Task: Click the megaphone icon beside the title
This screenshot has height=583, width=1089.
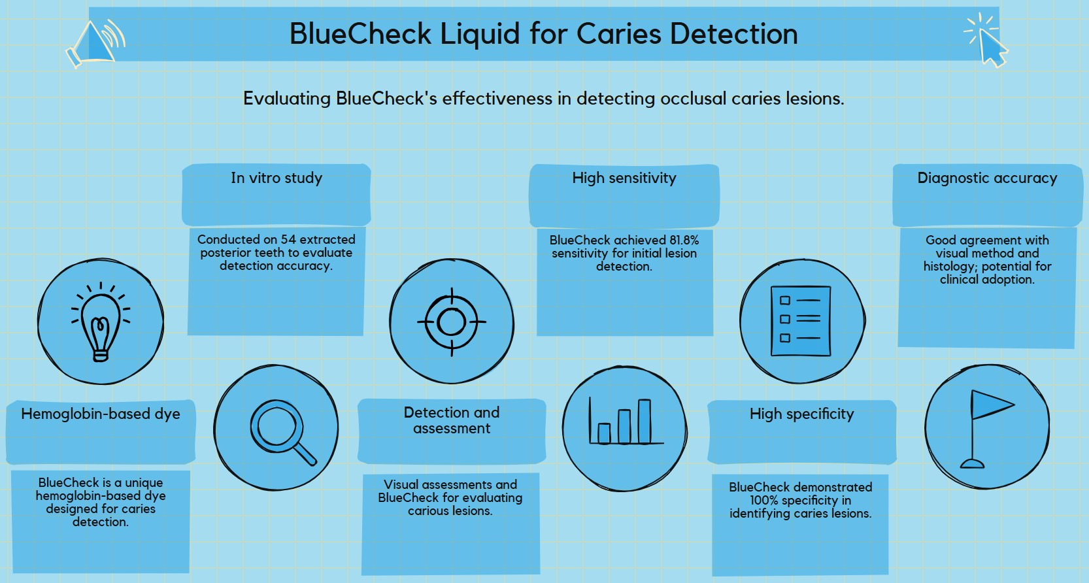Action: coord(96,43)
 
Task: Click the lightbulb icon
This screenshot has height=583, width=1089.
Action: coord(101,322)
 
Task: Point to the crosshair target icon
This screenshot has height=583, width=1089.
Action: coord(452,322)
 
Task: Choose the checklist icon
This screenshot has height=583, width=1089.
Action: coord(801,321)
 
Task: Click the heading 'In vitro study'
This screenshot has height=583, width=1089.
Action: coord(276,178)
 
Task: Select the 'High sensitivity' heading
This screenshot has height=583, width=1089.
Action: coord(624,178)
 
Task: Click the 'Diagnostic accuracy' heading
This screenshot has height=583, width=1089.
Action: coord(987,178)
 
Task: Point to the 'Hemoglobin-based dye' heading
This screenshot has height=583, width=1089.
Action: coord(101,414)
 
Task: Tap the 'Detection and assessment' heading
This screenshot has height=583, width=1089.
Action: coord(452,420)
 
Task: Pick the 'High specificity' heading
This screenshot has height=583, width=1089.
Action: coord(801,414)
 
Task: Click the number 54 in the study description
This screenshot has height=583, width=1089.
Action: coord(288,240)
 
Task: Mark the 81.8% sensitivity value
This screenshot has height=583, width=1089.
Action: coord(684,241)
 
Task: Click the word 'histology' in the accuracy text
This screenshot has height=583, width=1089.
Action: coord(948,267)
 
